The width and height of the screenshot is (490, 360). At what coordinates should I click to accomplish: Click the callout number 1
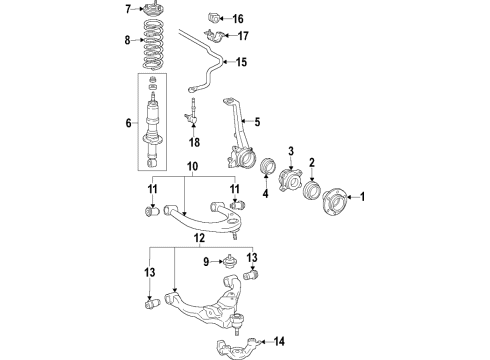click(x=364, y=196)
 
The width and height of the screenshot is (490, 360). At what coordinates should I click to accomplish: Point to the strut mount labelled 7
click(x=156, y=11)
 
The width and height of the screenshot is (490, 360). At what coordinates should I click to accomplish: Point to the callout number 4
click(x=266, y=194)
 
